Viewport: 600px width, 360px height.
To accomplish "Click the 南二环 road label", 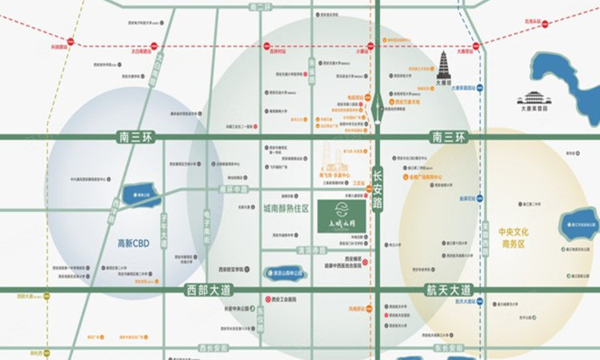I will (261, 7).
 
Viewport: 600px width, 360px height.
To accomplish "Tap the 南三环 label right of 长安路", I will (447, 138).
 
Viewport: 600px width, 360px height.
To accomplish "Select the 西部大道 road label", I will (208, 290).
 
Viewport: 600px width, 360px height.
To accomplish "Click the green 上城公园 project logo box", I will (342, 214).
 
